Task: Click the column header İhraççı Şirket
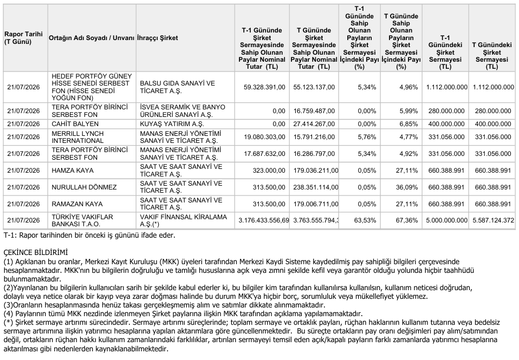pyautogui.click(x=158, y=38)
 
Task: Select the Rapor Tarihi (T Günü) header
pyautogui.click(x=23, y=38)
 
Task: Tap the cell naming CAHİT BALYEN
pyautogui.click(x=75, y=124)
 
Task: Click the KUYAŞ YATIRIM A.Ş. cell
pyautogui.click(x=172, y=124)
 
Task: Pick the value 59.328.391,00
pyautogui.click(x=264, y=87)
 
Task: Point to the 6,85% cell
pyautogui.click(x=409, y=124)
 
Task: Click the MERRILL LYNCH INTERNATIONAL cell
pyautogui.click(x=78, y=137)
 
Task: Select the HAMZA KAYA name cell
pyautogui.click(x=73, y=171)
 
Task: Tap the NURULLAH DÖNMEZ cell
pyautogui.click(x=84, y=187)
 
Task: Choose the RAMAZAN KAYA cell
pyautogui.click(x=77, y=204)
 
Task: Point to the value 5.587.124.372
pyautogui.click(x=493, y=220)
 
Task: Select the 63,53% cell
pyautogui.click(x=366, y=220)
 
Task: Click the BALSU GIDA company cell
pyautogui.click(x=177, y=87)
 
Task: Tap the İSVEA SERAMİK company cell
pyautogui.click(x=183, y=111)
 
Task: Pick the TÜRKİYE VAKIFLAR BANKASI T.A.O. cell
pyautogui.click(x=82, y=220)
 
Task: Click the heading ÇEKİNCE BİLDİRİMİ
pyautogui.click(x=36, y=253)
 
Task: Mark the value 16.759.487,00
pyautogui.click(x=314, y=111)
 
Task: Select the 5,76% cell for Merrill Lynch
pyautogui.click(x=367, y=137)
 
